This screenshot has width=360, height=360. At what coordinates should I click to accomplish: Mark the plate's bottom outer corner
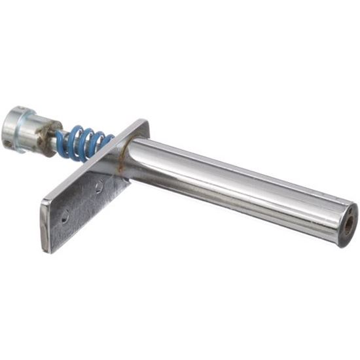click(x=46, y=249)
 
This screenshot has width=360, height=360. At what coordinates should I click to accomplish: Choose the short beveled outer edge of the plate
click(x=44, y=226)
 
